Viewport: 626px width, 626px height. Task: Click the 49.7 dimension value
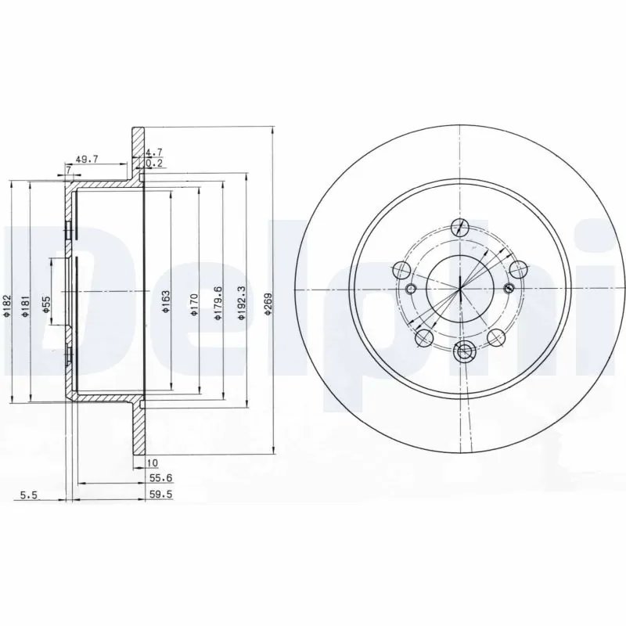pos(87,158)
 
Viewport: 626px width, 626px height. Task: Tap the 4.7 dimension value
pos(154,153)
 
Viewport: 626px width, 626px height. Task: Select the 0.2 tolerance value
pos(154,164)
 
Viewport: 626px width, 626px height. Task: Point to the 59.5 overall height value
pos(159,495)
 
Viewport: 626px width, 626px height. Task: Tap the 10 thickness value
pos(152,462)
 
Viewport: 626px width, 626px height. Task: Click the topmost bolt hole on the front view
pos(462,228)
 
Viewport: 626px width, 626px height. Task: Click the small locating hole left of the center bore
pos(411,290)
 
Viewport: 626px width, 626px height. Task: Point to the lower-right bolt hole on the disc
pos(496,337)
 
